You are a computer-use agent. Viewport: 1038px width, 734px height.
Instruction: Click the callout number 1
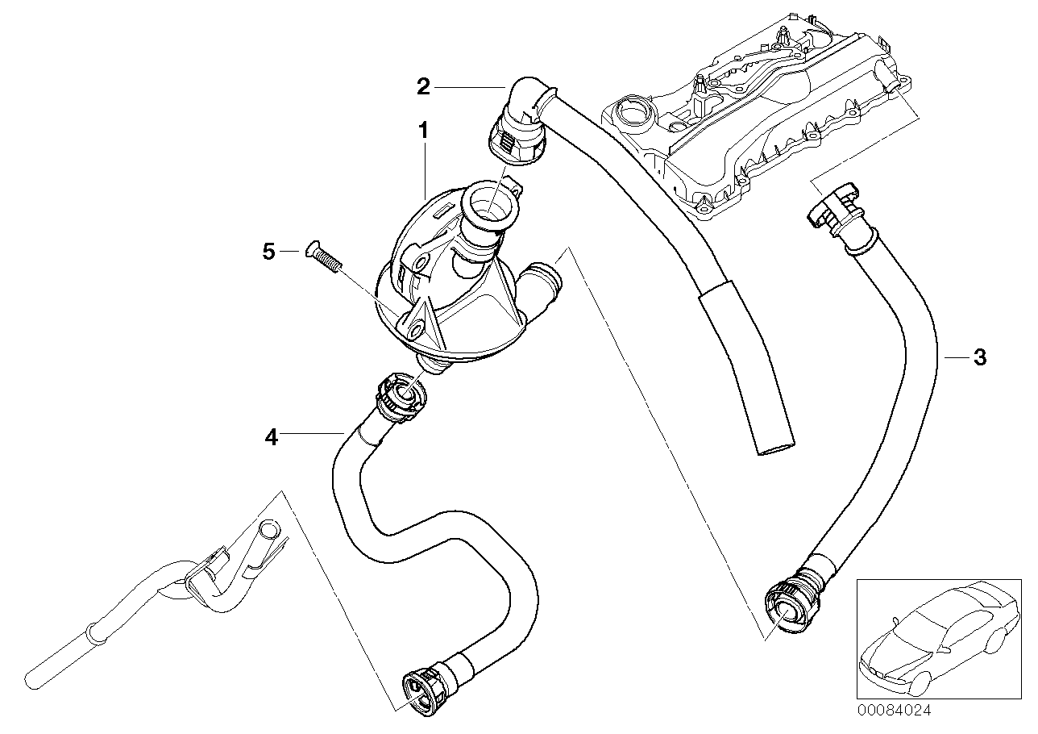pyautogui.click(x=423, y=129)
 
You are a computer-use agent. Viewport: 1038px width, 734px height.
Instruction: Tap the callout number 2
pyautogui.click(x=423, y=86)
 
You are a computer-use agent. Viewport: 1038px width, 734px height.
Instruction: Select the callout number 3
pyautogui.click(x=979, y=357)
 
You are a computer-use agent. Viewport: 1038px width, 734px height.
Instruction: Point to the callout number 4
pyautogui.click(x=271, y=437)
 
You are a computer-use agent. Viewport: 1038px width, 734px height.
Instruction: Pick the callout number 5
pyautogui.click(x=269, y=252)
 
